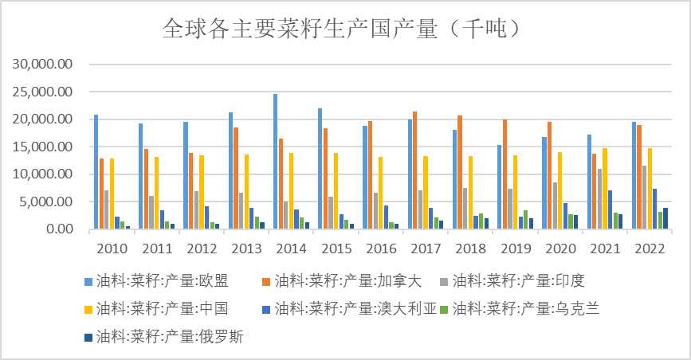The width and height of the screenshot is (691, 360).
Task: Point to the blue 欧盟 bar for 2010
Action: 96,172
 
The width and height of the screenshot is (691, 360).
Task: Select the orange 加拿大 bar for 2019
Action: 505,174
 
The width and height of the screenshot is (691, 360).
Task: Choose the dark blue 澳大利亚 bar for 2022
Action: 654,209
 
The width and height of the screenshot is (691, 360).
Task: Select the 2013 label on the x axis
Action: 246,248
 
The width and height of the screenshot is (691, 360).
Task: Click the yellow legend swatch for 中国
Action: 88,308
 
